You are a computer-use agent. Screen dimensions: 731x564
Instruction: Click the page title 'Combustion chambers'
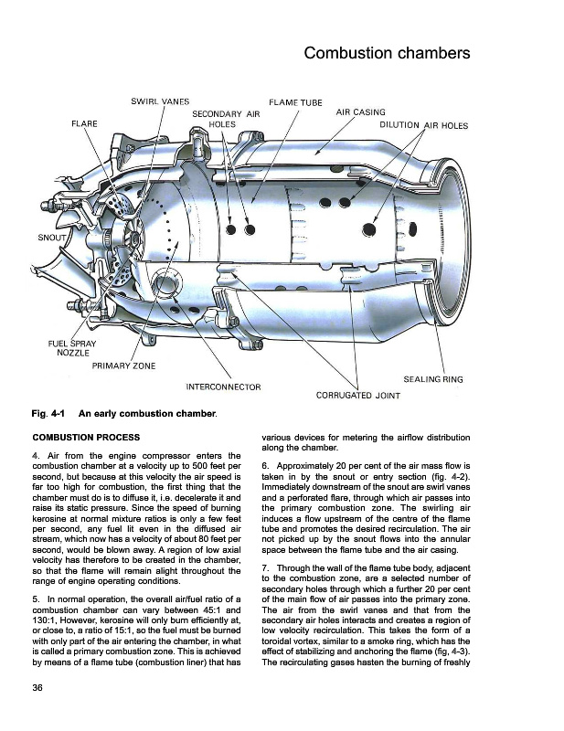(x=387, y=52)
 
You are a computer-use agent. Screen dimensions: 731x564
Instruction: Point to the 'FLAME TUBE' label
(x=295, y=101)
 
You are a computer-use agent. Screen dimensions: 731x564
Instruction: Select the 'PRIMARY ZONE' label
(x=123, y=365)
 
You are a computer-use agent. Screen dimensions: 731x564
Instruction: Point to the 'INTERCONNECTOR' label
(x=223, y=387)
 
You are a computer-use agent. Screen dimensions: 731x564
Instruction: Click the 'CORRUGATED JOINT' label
(x=357, y=396)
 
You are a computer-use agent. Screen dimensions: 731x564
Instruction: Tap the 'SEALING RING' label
(x=433, y=378)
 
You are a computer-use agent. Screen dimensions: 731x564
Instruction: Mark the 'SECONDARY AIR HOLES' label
(x=226, y=118)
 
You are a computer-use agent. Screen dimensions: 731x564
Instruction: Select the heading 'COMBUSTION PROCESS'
(x=86, y=438)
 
